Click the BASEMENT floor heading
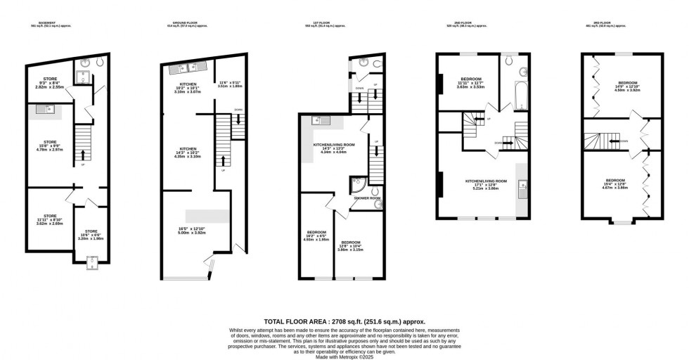pyautogui.click(x=47, y=22)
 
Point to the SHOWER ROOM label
pyautogui.click(x=367, y=198)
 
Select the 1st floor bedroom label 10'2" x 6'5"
pyautogui.click(x=316, y=236)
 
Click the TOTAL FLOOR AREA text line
pyautogui.click(x=344, y=321)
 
